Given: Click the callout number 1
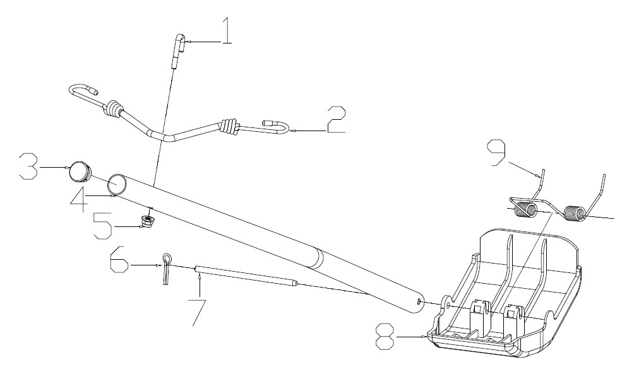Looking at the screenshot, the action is tap(227, 32).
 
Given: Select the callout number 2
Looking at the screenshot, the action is tap(335, 120).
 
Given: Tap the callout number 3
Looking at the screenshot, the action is tap(30, 166).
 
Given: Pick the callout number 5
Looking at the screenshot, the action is tap(102, 226).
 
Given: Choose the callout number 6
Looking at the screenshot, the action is tap(119, 259).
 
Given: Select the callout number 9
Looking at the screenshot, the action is tap(496, 152).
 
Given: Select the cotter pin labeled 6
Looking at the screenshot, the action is tap(167, 269).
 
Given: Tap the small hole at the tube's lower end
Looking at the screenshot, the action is tap(419, 302).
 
